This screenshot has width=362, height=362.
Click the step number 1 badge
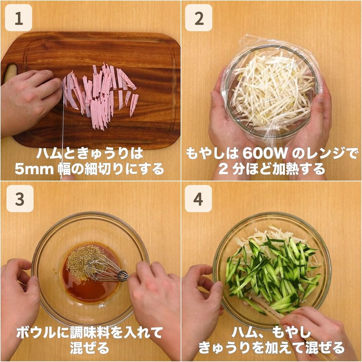coord(18,18)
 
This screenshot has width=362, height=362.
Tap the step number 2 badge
coord(198,18)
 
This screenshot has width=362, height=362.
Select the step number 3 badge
coord(20,198)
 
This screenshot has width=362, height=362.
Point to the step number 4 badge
coord(198,198)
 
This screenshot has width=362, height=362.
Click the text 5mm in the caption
coord(34,169)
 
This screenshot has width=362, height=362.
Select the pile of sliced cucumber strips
coord(273,275)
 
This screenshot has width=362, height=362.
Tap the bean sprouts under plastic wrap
coord(273,91)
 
